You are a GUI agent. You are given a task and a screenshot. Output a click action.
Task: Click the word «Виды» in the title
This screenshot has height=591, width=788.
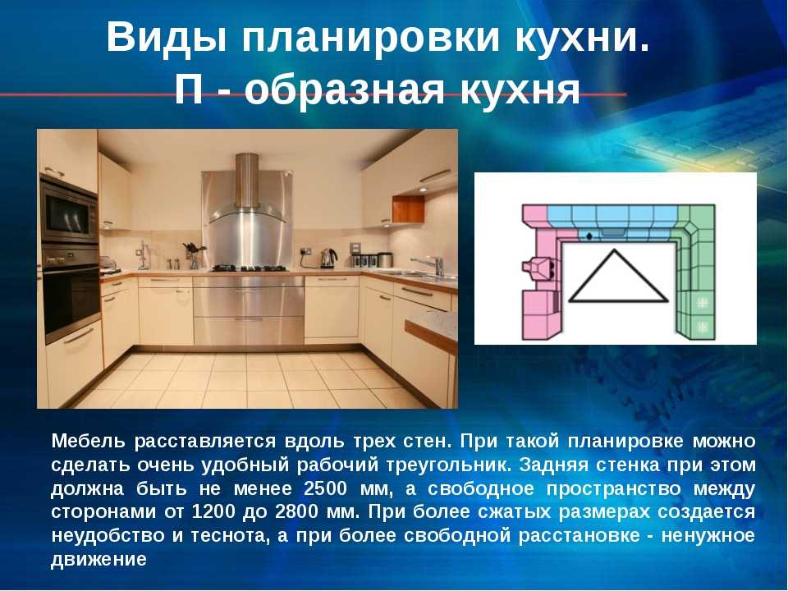166,38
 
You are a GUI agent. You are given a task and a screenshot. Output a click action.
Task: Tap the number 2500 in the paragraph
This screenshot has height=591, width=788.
325,488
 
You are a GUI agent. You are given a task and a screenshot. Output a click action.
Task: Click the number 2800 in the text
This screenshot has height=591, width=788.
296,511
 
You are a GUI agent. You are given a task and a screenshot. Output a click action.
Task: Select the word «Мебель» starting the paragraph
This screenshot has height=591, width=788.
88,441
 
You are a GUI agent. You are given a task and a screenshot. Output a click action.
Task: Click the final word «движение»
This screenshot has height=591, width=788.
98,559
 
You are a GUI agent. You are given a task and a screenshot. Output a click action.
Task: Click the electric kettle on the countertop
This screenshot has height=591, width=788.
328,259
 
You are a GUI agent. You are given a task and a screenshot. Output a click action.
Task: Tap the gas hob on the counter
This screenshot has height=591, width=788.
250,268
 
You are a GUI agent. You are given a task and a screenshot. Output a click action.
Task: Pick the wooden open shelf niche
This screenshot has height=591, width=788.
408,209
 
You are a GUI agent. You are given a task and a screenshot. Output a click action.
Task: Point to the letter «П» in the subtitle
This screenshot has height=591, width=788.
189,90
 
